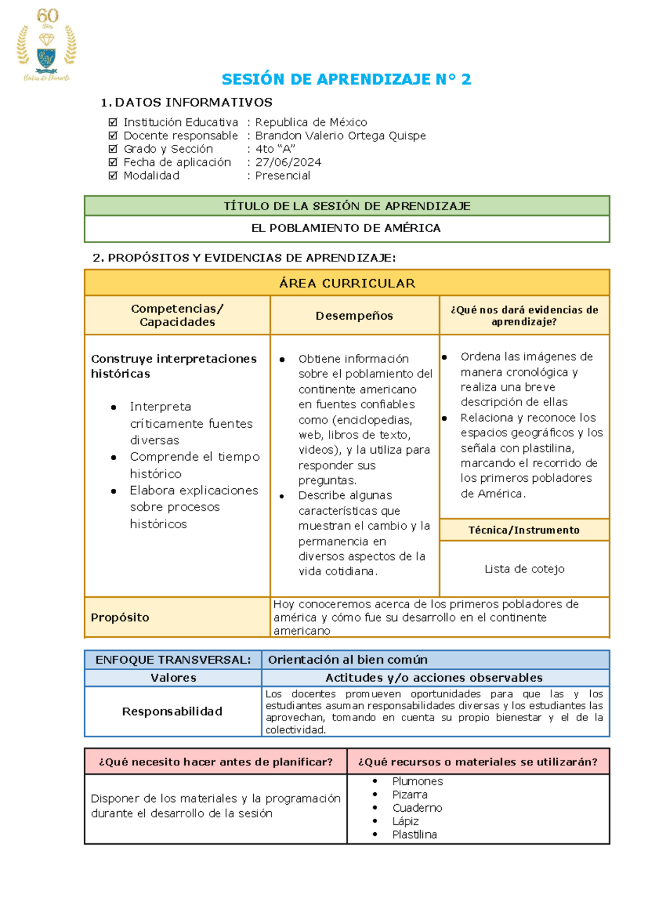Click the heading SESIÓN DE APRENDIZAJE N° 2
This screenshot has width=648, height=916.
(346, 79)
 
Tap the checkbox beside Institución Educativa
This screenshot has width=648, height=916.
(113, 122)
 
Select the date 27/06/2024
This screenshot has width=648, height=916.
(288, 162)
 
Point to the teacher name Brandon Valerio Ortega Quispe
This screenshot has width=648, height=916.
(340, 136)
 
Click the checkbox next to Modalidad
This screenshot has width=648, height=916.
(113, 176)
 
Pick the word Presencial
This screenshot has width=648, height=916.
(282, 176)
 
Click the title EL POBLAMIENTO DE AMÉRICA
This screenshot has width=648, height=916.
(346, 228)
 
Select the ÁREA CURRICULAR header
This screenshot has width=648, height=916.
(347, 283)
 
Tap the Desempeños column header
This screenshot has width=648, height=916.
(354, 316)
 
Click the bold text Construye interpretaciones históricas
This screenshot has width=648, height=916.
(173, 366)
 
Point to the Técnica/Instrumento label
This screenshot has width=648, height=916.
(524, 530)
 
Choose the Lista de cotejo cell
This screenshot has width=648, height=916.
(524, 569)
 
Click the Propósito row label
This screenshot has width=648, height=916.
(120, 617)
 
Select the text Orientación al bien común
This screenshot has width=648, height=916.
(348, 659)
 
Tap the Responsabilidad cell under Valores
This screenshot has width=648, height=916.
(172, 711)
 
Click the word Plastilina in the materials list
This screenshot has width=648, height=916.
(415, 834)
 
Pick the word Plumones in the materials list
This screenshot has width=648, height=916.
(417, 781)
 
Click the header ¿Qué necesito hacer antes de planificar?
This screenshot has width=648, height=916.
(215, 762)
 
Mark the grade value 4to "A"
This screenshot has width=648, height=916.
(275, 149)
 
